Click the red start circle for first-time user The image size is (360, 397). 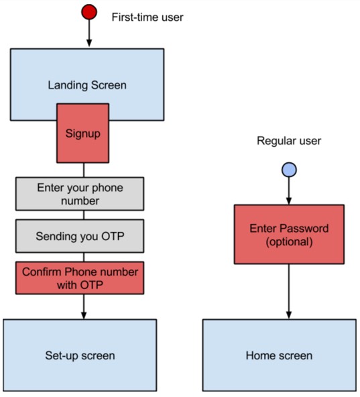(89, 12)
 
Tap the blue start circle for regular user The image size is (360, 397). (289, 170)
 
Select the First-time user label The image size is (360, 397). (147, 17)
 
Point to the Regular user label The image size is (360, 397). (289, 141)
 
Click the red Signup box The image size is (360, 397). (82, 133)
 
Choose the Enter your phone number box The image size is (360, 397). (80, 194)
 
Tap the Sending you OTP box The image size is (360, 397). (80, 236)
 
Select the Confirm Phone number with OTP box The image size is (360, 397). (80, 278)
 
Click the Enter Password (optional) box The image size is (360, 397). (289, 235)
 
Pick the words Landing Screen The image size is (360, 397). (87, 85)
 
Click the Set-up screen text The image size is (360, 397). (80, 355)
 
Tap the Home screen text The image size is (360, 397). (279, 355)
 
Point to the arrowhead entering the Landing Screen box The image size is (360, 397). (89, 43)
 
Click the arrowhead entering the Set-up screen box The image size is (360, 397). (84, 315)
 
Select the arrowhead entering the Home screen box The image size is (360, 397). (289, 315)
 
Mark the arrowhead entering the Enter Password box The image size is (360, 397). (289, 201)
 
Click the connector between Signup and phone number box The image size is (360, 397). (84, 170)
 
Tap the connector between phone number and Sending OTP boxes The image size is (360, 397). (84, 215)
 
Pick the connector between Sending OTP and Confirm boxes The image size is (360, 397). (84, 258)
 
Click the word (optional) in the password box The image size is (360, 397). (289, 242)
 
